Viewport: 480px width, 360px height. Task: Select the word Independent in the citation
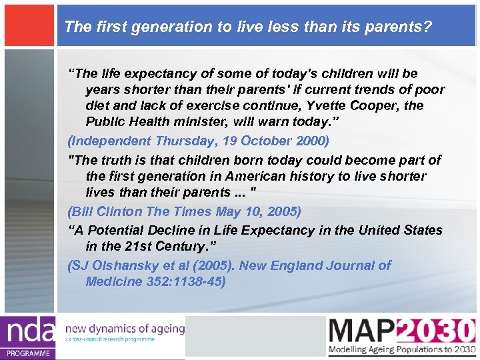(x=111, y=141)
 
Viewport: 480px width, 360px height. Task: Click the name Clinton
(x=117, y=212)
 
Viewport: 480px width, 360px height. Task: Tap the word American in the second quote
(x=255, y=177)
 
